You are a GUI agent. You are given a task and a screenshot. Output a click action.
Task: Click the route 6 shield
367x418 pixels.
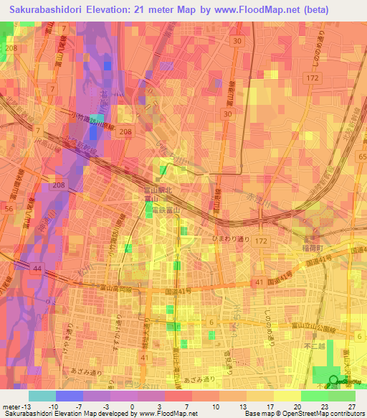211,322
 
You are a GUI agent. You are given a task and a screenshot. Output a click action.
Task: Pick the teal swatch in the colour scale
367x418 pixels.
42,396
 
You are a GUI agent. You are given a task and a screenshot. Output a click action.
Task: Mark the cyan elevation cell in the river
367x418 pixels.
108,66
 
